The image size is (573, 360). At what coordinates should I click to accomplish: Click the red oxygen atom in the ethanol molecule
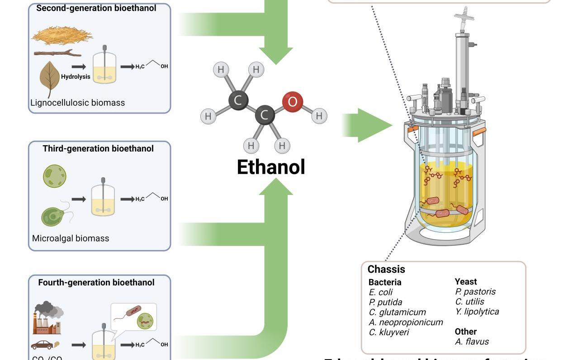[x=292, y=102]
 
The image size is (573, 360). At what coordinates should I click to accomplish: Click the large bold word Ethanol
[x=271, y=167]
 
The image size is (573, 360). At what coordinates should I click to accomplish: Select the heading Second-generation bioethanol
[x=96, y=8]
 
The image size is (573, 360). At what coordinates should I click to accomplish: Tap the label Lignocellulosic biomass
[x=77, y=103]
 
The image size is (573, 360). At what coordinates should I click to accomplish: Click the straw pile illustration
[x=62, y=35]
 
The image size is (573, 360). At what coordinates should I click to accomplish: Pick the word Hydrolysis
[x=76, y=77]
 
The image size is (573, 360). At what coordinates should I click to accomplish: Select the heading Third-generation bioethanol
[x=98, y=148]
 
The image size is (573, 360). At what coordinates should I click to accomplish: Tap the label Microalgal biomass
[x=71, y=238]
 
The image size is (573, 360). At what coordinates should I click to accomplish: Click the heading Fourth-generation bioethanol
[x=96, y=282]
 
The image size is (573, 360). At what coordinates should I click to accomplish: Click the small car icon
[x=42, y=345]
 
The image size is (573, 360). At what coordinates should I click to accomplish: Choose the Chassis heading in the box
[x=386, y=270]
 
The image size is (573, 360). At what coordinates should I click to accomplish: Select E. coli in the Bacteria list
[x=381, y=292]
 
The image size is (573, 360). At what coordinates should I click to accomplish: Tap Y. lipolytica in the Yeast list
[x=477, y=312]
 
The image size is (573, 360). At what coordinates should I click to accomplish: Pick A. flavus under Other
[x=472, y=341]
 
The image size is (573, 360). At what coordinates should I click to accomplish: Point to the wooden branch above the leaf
[x=57, y=53]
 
